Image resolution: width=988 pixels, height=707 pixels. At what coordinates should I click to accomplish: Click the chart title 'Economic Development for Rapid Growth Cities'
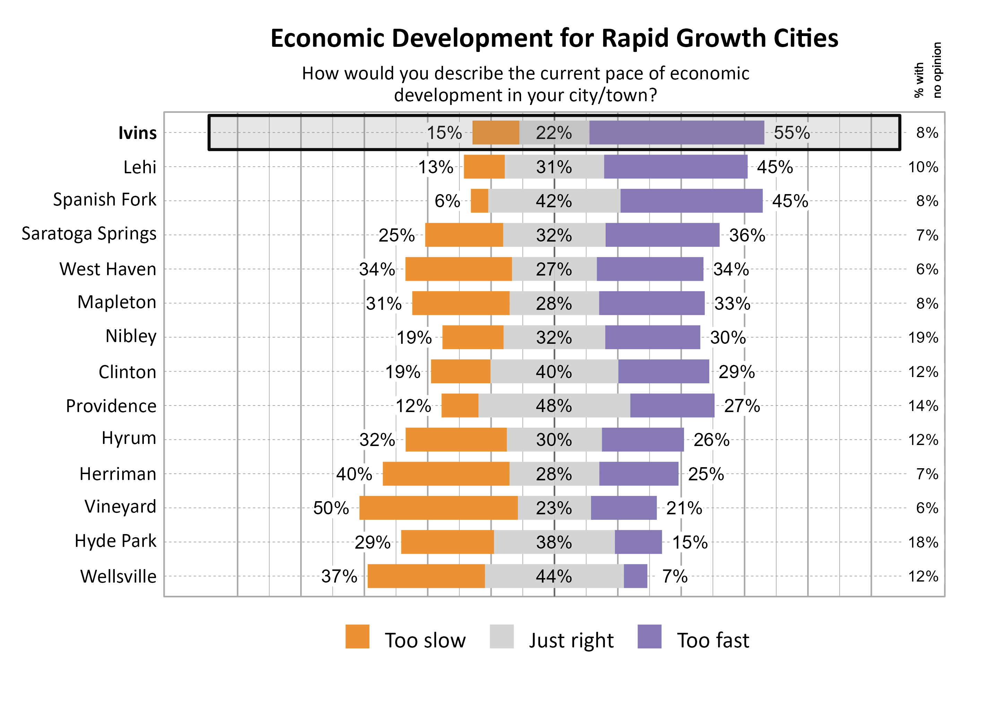pos(554,38)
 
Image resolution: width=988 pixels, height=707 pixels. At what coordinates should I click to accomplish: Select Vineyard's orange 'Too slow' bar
pos(438,508)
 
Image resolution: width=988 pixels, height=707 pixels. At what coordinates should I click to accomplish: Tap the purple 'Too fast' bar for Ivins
pos(676,132)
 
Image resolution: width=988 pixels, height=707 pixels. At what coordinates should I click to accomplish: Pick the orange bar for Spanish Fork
pos(479,201)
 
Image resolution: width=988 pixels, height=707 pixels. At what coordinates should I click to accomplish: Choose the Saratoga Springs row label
pos(89,234)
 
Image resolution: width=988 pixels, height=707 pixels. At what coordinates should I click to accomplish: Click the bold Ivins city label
pos(137,133)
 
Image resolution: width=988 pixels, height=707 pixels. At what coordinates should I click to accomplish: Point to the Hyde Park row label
pos(115,541)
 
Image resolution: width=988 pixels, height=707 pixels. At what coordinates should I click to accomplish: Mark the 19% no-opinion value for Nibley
pos(923,338)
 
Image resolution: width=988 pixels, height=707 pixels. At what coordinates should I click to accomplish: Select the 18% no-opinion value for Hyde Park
pos(923,542)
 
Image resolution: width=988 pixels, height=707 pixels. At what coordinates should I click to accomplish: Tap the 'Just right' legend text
pos(571,640)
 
